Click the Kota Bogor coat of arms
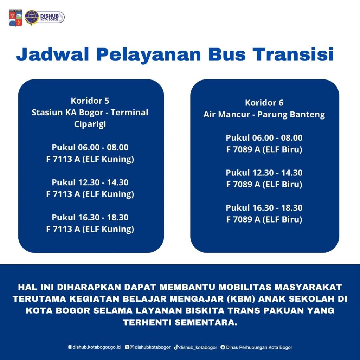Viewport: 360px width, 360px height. click(x=15, y=18)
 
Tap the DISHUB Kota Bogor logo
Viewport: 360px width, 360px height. click(x=45, y=18)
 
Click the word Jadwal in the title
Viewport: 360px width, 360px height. click(x=52, y=54)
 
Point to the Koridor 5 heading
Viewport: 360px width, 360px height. click(x=90, y=101)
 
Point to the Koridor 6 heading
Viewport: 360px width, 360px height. click(x=264, y=103)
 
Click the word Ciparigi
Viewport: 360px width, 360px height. click(x=90, y=124)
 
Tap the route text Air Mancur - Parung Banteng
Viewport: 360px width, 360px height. click(x=264, y=114)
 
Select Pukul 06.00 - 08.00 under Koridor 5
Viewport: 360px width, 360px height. click(x=90, y=147)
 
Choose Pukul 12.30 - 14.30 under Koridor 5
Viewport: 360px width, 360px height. click(x=90, y=182)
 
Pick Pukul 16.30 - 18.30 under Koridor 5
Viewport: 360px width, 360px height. click(x=90, y=217)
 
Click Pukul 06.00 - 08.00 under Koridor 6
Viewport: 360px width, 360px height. click(x=264, y=137)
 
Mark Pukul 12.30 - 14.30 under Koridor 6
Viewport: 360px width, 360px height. click(x=264, y=173)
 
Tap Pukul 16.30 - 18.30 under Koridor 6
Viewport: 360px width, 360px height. click(x=264, y=207)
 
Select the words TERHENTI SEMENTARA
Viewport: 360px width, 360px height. click(x=180, y=322)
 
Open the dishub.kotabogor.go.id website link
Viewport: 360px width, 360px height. click(x=94, y=347)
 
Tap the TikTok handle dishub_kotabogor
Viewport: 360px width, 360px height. click(x=195, y=347)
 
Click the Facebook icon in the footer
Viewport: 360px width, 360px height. click(x=223, y=347)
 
